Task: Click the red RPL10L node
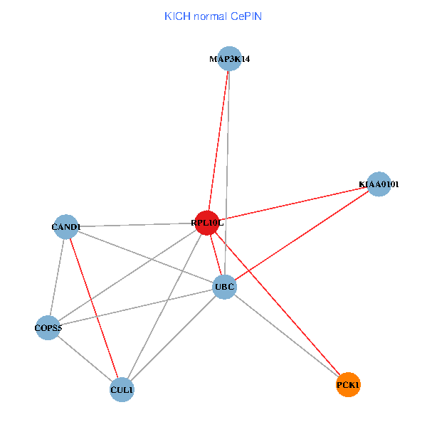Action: [206, 223]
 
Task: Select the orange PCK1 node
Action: [348, 385]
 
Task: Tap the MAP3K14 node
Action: [229, 59]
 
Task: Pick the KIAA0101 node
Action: [379, 184]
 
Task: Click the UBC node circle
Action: [224, 287]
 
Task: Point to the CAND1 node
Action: [65, 227]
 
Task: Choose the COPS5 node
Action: [48, 328]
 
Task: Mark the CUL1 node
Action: [122, 390]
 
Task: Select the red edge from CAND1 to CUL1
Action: [93, 308]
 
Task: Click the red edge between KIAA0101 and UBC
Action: [302, 236]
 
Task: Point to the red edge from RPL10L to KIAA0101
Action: [292, 204]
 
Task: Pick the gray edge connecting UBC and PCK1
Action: [286, 336]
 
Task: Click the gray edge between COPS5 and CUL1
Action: [85, 359]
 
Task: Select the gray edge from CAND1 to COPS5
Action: [57, 278]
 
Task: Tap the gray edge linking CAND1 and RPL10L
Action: [135, 225]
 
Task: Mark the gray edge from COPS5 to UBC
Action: [135, 307]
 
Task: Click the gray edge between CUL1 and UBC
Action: [173, 339]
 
